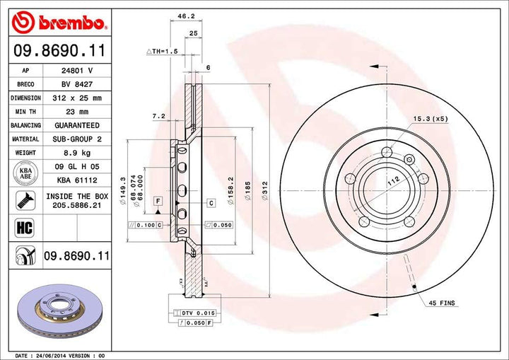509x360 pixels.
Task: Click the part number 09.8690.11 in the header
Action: click(x=58, y=51)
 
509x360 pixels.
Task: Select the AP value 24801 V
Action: click(x=78, y=71)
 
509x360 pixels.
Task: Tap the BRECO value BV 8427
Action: click(x=78, y=85)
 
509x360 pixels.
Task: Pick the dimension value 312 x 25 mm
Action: click(x=78, y=98)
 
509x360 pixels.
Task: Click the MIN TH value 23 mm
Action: click(x=78, y=112)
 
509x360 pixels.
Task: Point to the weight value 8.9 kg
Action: click(x=78, y=152)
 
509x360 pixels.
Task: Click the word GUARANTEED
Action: click(x=78, y=125)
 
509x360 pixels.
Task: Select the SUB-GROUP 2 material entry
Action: click(x=78, y=139)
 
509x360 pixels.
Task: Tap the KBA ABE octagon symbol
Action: click(x=25, y=173)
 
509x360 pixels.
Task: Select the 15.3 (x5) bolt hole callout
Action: click(x=432, y=120)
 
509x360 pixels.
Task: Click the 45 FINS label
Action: click(x=443, y=303)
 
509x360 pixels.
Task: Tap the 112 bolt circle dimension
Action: click(x=392, y=182)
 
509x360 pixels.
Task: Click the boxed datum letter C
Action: click(x=211, y=203)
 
